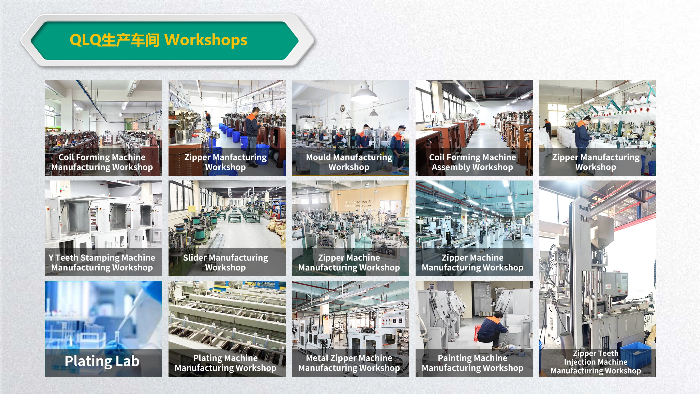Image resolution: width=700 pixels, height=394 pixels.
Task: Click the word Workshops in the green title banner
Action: [206, 40]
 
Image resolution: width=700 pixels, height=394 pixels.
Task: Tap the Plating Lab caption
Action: [102, 361]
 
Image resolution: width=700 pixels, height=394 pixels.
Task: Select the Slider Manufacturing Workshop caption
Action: [225, 263]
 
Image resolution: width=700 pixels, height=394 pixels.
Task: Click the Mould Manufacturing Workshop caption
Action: [349, 162]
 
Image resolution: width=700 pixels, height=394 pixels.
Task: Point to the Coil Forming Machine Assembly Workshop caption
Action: [473, 162]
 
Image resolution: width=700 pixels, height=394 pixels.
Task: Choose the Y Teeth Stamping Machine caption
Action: [102, 257]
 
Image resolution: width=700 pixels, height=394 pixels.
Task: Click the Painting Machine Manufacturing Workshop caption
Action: [473, 363]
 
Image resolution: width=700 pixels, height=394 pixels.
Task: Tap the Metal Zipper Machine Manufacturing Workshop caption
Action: [349, 363]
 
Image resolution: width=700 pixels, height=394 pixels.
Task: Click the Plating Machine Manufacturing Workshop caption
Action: [225, 363]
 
